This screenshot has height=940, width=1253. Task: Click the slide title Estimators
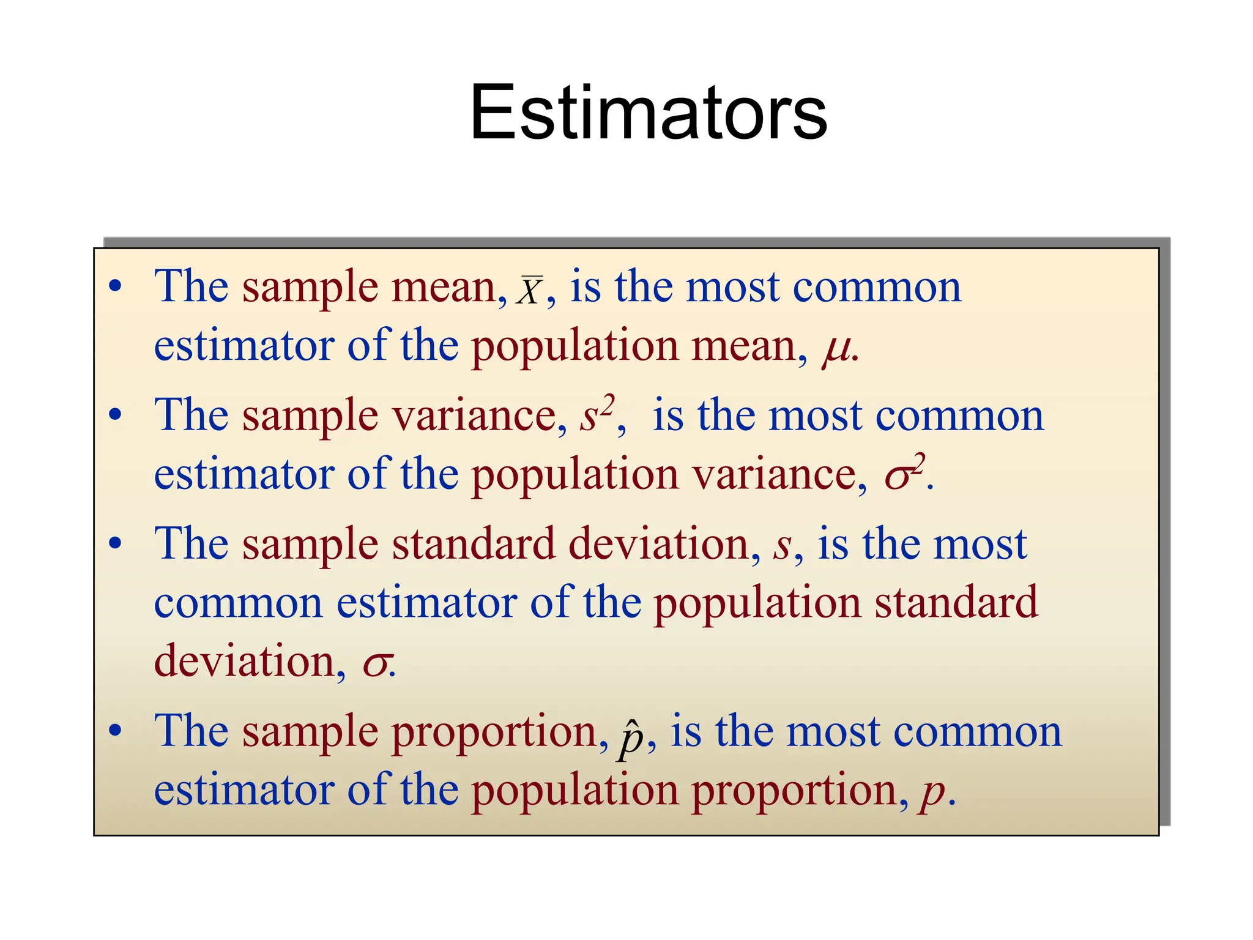(648, 113)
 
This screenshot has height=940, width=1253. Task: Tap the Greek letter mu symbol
(836, 349)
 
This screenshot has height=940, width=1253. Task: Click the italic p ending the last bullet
(932, 793)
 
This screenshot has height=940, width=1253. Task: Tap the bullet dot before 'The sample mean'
(115, 286)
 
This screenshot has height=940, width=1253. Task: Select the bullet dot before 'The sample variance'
(115, 415)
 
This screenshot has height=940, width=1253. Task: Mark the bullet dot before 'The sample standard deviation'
(115, 543)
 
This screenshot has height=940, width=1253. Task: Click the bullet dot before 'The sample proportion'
(115, 730)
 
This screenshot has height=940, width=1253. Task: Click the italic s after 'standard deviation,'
(781, 545)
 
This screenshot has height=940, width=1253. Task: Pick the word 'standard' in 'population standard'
(956, 603)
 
